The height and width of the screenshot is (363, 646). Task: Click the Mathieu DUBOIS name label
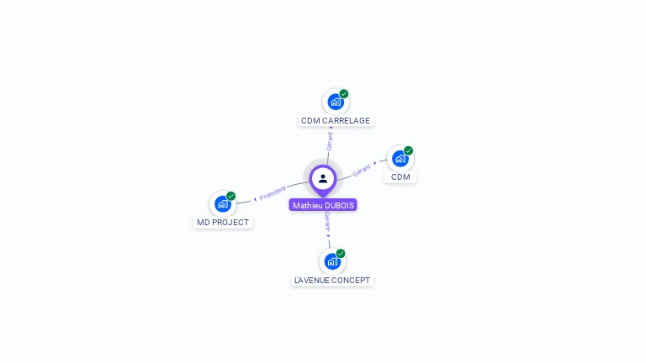pyautogui.click(x=323, y=205)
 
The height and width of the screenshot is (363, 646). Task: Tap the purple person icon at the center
pyautogui.click(x=323, y=178)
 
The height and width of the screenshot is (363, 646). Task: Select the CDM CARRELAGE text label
pyautogui.click(x=336, y=121)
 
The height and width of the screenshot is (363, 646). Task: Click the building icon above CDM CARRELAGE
pyautogui.click(x=336, y=103)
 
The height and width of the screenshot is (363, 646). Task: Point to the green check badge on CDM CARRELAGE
pyautogui.click(x=344, y=94)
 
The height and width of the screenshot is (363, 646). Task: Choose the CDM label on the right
pyautogui.click(x=400, y=177)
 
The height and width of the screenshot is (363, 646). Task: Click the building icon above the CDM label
pyautogui.click(x=400, y=159)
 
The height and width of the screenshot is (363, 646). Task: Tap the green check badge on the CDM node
pyautogui.click(x=409, y=151)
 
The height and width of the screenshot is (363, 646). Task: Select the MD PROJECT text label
pyautogui.click(x=223, y=223)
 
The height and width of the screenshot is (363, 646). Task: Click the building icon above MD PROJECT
pyautogui.click(x=222, y=203)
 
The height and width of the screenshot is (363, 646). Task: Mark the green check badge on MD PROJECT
pyautogui.click(x=230, y=196)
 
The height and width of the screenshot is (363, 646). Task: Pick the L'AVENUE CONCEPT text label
pyautogui.click(x=332, y=281)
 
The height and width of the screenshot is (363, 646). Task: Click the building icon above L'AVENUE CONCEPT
pyautogui.click(x=332, y=261)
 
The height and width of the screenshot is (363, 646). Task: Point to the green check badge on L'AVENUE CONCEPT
pyautogui.click(x=341, y=253)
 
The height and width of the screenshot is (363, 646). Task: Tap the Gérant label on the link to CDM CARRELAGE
pyautogui.click(x=330, y=141)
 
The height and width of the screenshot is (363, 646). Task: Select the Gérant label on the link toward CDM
pyautogui.click(x=362, y=169)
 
